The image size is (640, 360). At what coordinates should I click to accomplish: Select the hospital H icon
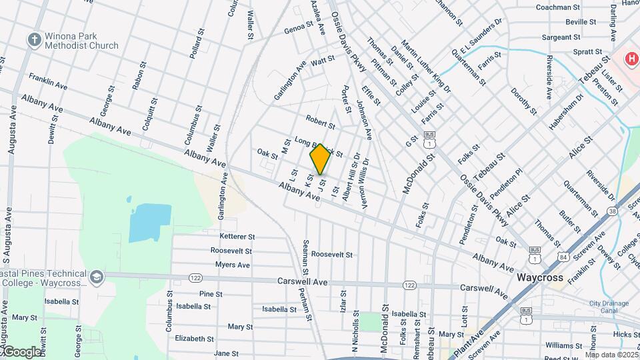click(631, 59)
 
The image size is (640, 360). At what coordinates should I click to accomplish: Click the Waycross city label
click(540, 277)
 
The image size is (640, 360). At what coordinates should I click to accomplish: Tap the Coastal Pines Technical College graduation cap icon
click(97, 276)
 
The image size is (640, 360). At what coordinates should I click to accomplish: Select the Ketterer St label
click(237, 237)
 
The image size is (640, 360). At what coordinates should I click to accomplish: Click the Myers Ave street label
click(232, 265)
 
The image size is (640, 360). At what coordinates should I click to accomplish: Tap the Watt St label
click(323, 60)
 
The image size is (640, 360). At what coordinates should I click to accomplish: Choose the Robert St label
click(320, 121)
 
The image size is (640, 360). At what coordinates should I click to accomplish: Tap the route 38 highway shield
click(612, 211)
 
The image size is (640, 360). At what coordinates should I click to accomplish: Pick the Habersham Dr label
click(566, 106)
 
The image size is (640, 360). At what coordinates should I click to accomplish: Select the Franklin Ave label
click(48, 81)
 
